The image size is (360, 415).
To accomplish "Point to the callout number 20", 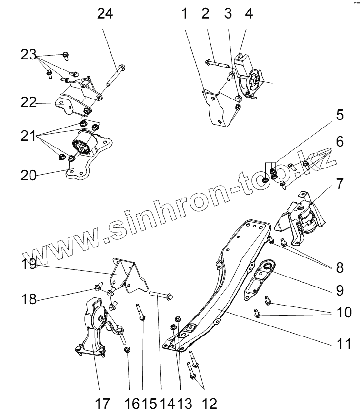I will [28, 175].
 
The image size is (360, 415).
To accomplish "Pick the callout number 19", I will [29, 263].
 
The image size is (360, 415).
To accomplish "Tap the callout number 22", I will [28, 102].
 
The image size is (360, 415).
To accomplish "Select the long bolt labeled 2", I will [217, 63].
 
